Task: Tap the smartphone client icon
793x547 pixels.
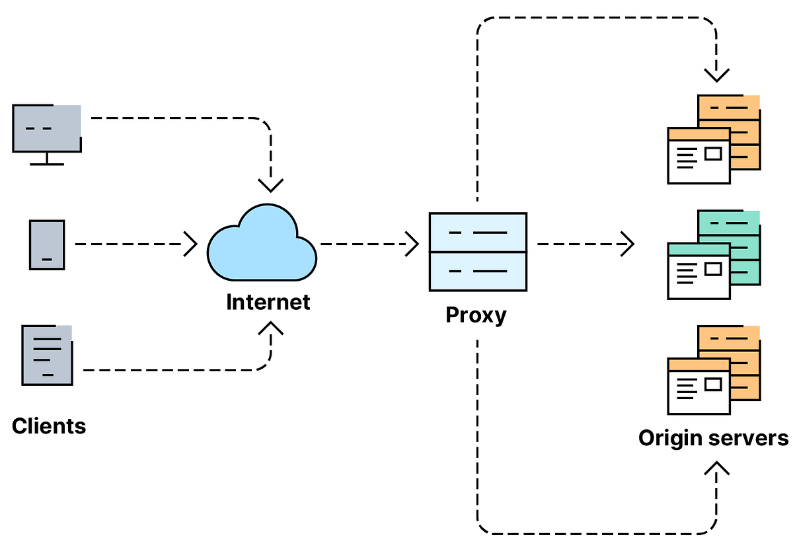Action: pyautogui.click(x=47, y=244)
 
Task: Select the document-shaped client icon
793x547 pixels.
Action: pyautogui.click(x=47, y=355)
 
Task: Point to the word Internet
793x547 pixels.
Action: pyautogui.click(x=268, y=302)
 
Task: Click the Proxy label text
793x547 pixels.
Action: pyautogui.click(x=476, y=314)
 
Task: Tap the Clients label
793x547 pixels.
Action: pyautogui.click(x=49, y=425)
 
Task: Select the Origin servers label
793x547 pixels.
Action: pyautogui.click(x=714, y=438)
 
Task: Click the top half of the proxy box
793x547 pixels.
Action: pyautogui.click(x=478, y=232)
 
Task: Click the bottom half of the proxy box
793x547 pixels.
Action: pyautogui.click(x=478, y=271)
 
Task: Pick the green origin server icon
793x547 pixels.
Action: pyautogui.click(x=714, y=255)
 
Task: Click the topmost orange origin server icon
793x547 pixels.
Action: pyautogui.click(x=714, y=139)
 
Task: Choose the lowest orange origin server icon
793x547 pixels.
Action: pyautogui.click(x=714, y=369)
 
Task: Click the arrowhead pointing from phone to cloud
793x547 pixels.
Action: pyautogui.click(x=190, y=244)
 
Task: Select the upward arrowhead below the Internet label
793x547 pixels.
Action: pyautogui.click(x=271, y=328)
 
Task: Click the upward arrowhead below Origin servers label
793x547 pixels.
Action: pyautogui.click(x=717, y=468)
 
